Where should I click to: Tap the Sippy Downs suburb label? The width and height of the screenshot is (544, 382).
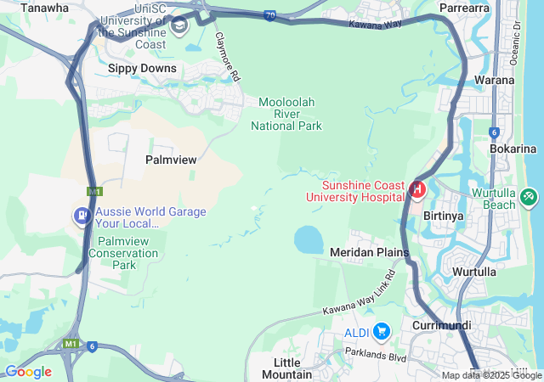click(142, 68)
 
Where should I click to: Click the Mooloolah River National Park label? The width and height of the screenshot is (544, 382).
click(286, 114)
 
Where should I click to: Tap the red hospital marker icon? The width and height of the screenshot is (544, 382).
click(417, 188)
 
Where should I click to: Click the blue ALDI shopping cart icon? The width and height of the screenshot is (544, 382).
click(381, 330)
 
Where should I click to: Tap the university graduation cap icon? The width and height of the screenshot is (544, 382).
click(179, 25)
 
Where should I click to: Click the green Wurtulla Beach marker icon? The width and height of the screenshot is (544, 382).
click(530, 197)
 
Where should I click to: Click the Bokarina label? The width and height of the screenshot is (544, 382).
click(513, 149)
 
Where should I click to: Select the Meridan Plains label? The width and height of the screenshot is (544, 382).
click(370, 252)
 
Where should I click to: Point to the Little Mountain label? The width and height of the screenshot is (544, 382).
click(286, 368)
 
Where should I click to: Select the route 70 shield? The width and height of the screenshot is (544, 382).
click(269, 16)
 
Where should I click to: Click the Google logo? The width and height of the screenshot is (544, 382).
click(28, 371)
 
